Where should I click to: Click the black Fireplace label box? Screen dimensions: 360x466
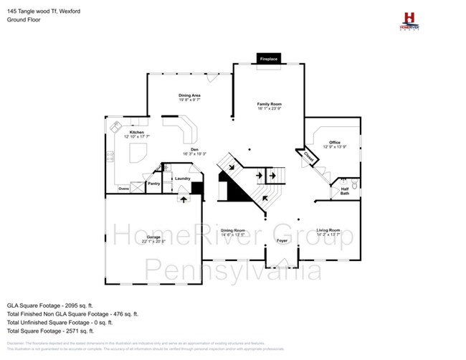click(x=268, y=58)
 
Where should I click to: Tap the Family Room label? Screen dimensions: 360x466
click(x=269, y=105)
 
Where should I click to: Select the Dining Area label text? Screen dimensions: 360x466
click(x=189, y=95)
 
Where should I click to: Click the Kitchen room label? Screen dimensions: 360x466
click(x=137, y=133)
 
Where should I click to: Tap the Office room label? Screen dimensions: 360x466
click(x=335, y=143)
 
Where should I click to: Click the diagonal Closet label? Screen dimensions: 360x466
click(x=308, y=156)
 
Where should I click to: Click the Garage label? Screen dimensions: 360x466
click(x=153, y=237)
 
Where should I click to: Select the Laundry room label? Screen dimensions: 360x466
click(x=181, y=179)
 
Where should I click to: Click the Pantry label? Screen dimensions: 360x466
click(x=153, y=184)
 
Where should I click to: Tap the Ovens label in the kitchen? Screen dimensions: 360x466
click(x=124, y=189)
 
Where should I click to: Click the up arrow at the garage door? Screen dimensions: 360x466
click(x=182, y=199)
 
